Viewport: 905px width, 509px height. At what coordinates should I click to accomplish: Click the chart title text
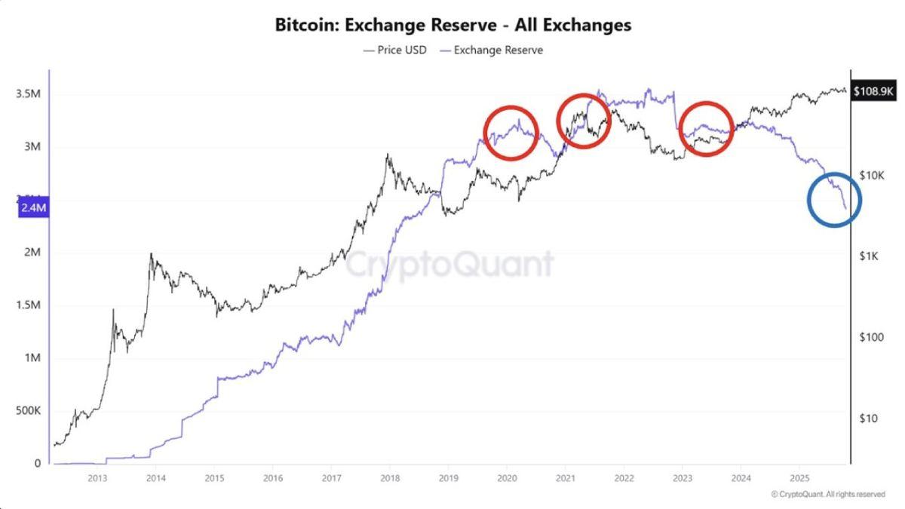[x=452, y=25]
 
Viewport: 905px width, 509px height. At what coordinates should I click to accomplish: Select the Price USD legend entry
[x=394, y=50]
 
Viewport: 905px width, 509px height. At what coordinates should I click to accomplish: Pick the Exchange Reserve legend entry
[x=491, y=50]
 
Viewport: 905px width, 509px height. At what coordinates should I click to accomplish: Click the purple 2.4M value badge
[x=33, y=207]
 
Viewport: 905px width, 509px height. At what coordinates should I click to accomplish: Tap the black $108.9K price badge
[x=873, y=91]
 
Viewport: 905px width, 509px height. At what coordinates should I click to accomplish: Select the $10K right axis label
[x=871, y=175]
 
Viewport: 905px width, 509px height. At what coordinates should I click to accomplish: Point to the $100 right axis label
[x=871, y=337]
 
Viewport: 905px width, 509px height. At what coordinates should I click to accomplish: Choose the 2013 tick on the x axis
[x=97, y=478]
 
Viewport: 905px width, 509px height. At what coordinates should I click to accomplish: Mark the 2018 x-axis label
[x=390, y=478]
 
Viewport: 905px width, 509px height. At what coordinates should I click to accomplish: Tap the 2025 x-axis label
[x=799, y=478]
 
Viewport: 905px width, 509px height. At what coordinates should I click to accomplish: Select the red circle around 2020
[x=511, y=133]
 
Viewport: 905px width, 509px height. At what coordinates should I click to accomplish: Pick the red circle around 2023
[x=706, y=128]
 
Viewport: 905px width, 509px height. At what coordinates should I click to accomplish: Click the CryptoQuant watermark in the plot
[x=449, y=264]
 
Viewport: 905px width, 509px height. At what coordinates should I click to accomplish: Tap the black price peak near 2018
[x=388, y=156]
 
